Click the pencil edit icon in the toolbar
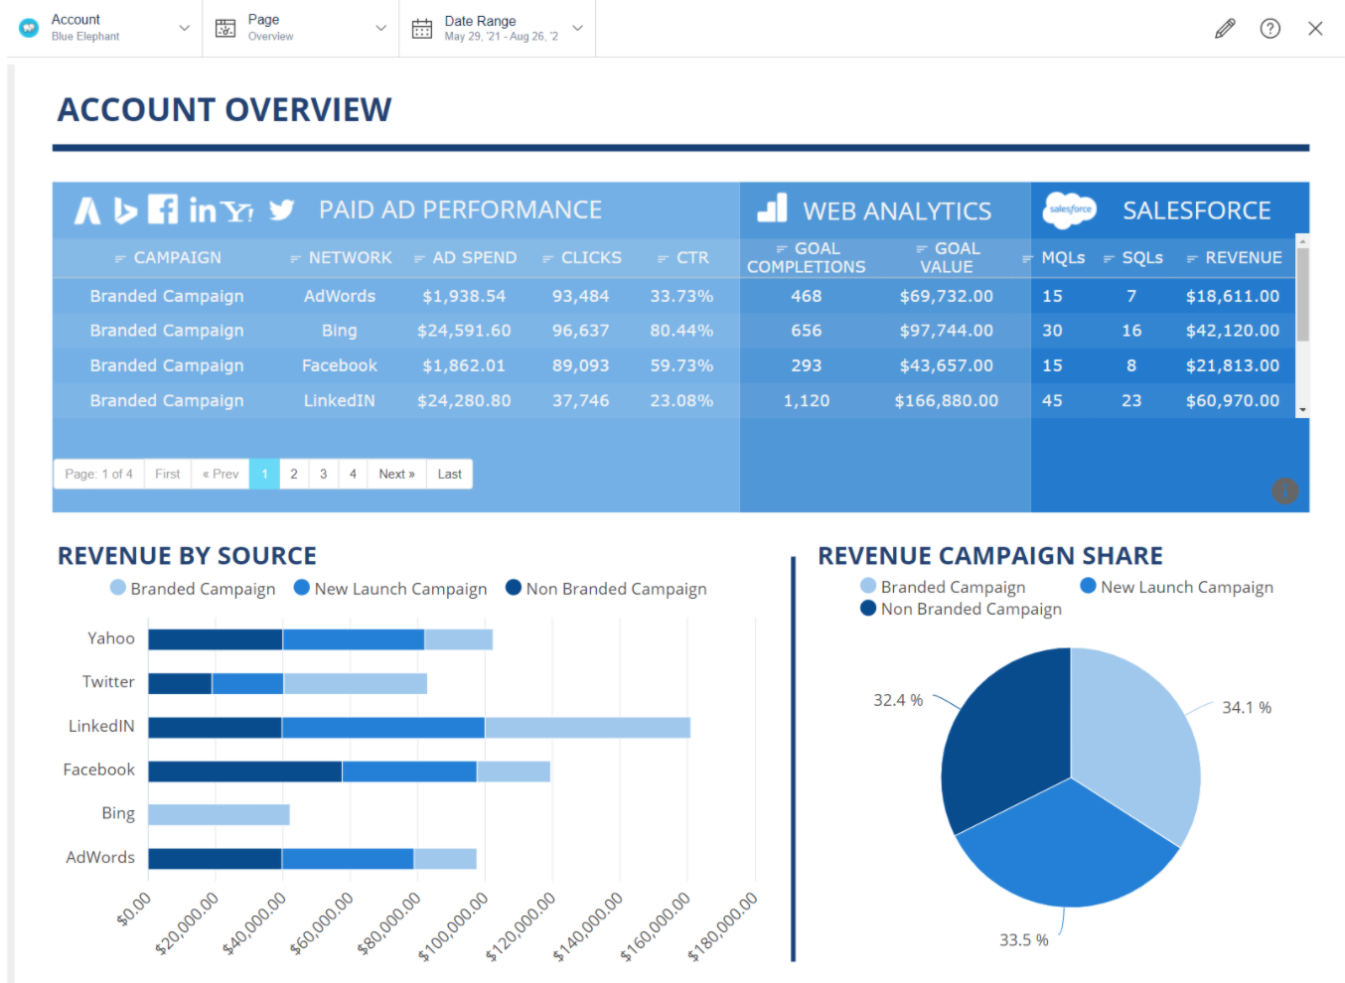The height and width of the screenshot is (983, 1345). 1225,29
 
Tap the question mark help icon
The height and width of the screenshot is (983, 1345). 1270,29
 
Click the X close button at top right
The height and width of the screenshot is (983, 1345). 1315,29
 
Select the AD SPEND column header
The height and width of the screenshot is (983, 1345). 474,258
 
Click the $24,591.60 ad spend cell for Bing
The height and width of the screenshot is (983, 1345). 464,331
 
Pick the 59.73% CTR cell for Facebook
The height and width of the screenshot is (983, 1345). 681,365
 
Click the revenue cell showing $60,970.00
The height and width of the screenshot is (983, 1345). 1232,401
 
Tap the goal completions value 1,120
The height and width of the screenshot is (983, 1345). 806,401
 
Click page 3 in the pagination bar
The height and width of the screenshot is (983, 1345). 323,475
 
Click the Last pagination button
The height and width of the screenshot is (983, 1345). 449,475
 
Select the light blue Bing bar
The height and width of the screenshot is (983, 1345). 219,814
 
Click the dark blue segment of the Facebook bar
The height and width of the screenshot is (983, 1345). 244,771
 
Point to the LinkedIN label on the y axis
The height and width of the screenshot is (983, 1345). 101,727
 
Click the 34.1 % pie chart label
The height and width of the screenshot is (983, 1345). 1246,708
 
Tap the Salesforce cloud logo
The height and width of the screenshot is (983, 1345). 1069,210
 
